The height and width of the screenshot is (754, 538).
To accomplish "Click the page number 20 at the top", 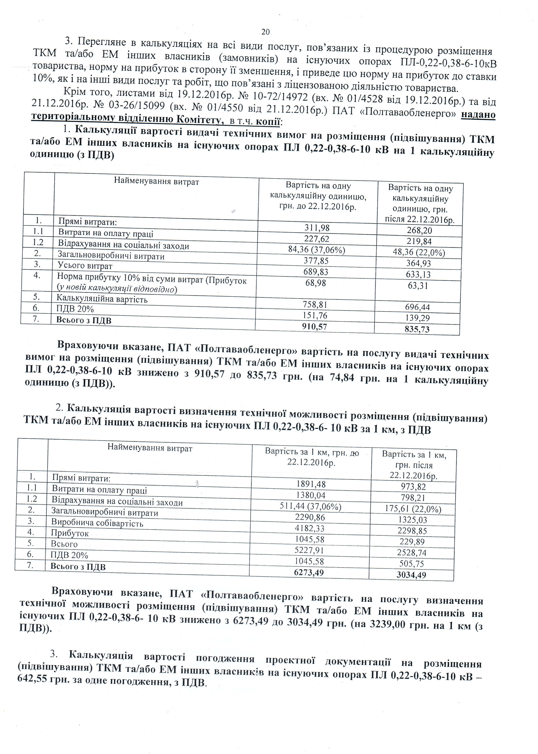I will coord(265,32).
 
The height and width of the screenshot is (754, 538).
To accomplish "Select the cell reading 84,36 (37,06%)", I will coord(316,250).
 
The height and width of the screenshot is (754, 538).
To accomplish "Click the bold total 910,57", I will coord(314,327).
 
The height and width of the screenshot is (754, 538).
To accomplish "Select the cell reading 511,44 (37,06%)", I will coord(310,506).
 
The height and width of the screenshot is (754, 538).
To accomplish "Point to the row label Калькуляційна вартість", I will coord(102,299).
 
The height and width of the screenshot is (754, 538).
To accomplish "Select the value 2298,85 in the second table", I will coord(412,531).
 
